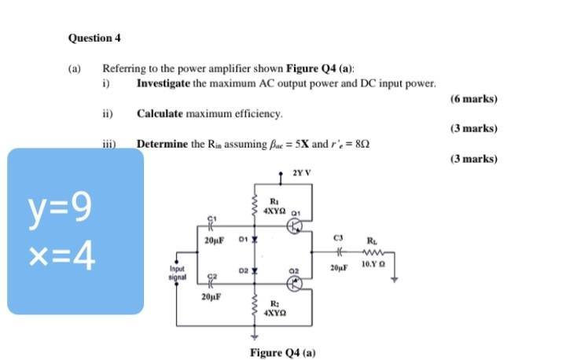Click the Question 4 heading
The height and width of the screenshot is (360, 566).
coord(94,38)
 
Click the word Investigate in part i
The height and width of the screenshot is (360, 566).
coord(163,83)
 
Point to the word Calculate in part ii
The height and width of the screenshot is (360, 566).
coord(160,114)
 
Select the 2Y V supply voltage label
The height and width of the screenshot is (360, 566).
coord(301,172)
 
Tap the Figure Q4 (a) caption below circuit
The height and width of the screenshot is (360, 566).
coord(282,352)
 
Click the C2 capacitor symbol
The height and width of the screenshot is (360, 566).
coord(210,281)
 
